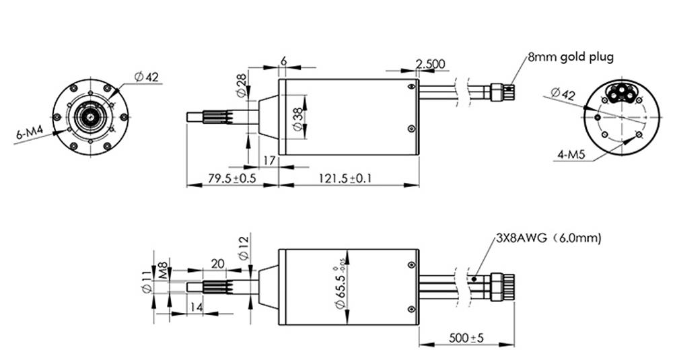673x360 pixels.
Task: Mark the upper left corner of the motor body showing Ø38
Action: coord(279,79)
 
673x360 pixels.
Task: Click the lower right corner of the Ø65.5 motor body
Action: coord(419,325)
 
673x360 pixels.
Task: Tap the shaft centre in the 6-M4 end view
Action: coord(91,116)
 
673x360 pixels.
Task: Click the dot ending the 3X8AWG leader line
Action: coord(474,279)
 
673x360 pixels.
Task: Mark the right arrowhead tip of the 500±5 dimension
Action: coord(513,344)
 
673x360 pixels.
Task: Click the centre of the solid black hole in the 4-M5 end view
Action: coord(598,117)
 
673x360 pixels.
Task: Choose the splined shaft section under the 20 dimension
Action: coord(217,287)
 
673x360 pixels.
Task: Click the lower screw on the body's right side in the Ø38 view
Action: coord(412,129)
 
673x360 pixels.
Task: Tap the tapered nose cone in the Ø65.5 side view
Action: coord(269,287)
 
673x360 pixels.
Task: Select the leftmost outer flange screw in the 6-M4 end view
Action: coord(57,116)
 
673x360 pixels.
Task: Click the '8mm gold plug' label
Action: coord(571,57)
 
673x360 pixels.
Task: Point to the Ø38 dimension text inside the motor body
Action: coord(298,116)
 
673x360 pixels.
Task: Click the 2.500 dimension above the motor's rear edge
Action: coord(431,64)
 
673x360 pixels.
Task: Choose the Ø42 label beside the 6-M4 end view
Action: coord(146,77)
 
